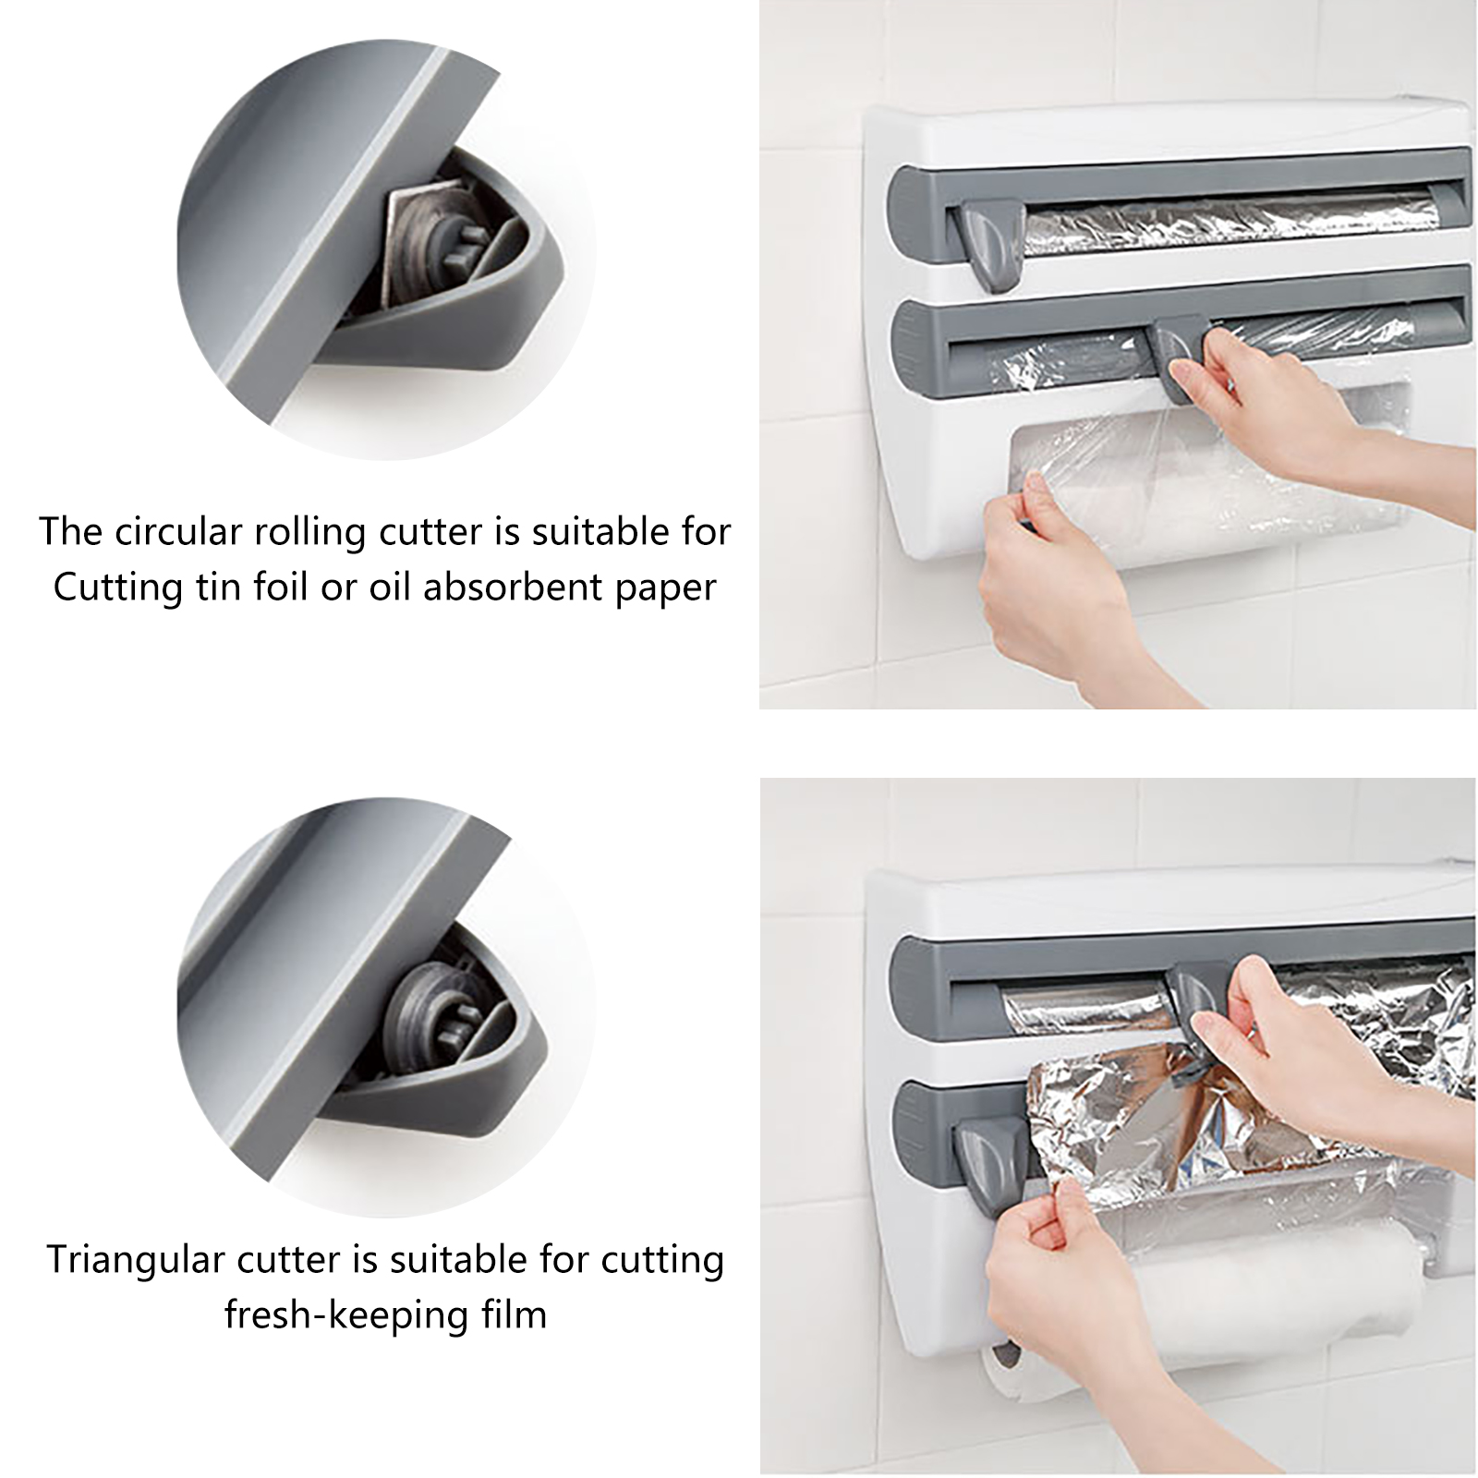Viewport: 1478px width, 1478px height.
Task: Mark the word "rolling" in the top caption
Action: click(x=296, y=533)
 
